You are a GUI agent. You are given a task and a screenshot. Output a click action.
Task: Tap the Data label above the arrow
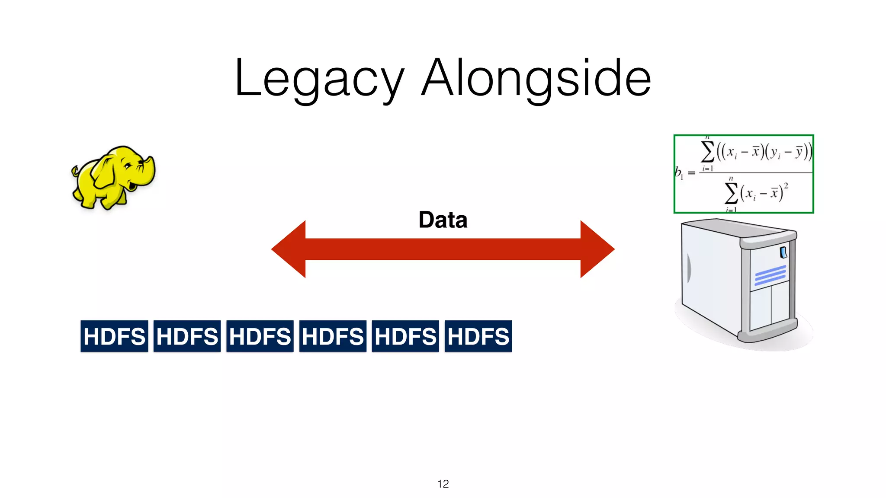(x=443, y=220)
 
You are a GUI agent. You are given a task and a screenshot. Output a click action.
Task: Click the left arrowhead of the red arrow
(x=290, y=249)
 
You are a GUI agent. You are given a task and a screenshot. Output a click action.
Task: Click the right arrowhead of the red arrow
(x=596, y=249)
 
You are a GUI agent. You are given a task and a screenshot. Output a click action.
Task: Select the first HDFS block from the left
(x=114, y=336)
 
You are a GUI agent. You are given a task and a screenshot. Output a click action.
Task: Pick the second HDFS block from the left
(x=187, y=336)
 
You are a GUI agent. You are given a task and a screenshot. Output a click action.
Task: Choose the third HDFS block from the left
(x=260, y=336)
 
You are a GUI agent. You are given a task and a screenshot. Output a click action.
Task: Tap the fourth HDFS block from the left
(x=333, y=336)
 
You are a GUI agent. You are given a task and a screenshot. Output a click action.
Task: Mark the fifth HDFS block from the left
(x=405, y=336)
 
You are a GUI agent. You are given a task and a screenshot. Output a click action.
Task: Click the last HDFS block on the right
(x=478, y=336)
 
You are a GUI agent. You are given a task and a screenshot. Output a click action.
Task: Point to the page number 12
(x=443, y=484)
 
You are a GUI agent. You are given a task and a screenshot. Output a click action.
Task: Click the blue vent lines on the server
(x=770, y=275)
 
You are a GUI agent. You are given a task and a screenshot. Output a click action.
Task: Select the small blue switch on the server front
(x=783, y=252)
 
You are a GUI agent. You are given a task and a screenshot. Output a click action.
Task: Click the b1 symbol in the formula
(x=678, y=173)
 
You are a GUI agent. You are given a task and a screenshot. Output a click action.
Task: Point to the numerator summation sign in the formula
(x=707, y=152)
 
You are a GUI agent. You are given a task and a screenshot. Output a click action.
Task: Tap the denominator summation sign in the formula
(x=731, y=193)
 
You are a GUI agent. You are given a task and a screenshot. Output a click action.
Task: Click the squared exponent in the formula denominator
(x=786, y=185)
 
